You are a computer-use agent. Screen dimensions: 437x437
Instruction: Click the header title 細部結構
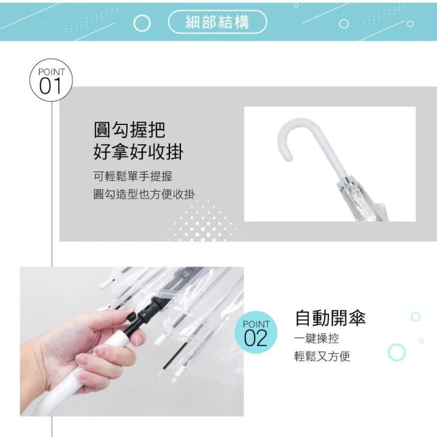pyautogui.click(x=217, y=23)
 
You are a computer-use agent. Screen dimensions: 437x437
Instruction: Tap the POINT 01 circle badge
pyautogui.click(x=51, y=81)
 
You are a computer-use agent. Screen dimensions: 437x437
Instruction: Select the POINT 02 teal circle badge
pyautogui.click(x=256, y=333)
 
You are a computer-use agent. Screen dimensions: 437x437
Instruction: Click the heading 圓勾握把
pyautogui.click(x=129, y=130)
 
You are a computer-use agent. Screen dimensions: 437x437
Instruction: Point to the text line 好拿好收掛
pyautogui.click(x=138, y=152)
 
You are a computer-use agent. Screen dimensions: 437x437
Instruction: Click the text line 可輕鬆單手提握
pyautogui.click(x=133, y=176)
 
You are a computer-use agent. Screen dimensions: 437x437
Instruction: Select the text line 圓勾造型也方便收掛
pyautogui.click(x=144, y=194)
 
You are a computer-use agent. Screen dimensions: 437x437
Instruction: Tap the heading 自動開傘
pyautogui.click(x=330, y=318)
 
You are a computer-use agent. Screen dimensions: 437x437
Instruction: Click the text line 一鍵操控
pyautogui.click(x=317, y=339)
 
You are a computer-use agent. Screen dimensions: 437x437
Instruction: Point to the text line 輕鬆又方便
pyautogui.click(x=322, y=356)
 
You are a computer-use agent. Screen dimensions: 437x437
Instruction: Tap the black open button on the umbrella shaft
pyautogui.click(x=132, y=318)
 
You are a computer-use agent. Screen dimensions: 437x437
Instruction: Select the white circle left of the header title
pyautogui.click(x=142, y=23)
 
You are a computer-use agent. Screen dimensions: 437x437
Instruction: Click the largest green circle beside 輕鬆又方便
pyautogui.click(x=397, y=352)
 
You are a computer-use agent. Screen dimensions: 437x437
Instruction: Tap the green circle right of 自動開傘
pyautogui.click(x=416, y=317)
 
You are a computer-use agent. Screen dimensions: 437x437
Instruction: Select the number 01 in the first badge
pyautogui.click(x=50, y=86)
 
